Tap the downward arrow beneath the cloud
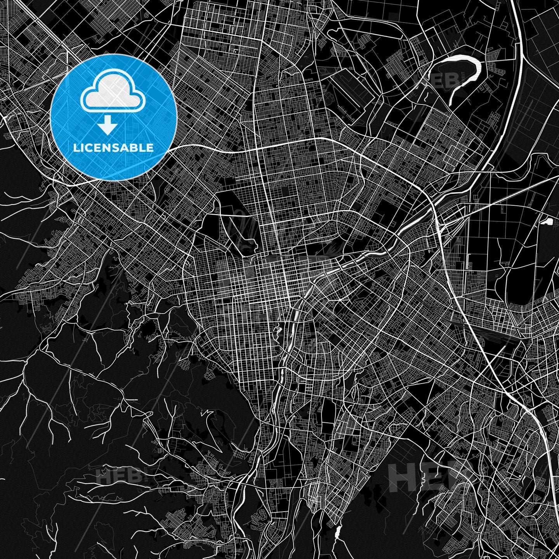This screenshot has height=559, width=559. click(x=108, y=126)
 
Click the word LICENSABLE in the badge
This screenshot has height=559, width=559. click(x=113, y=148)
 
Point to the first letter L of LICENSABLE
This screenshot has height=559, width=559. click(x=76, y=148)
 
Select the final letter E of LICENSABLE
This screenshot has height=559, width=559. click(x=150, y=148)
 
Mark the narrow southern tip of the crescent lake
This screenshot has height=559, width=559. click(x=451, y=102)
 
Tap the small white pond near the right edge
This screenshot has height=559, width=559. click(x=549, y=222)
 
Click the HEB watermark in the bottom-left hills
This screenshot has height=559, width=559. click(x=118, y=475)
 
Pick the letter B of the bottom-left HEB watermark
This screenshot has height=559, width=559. click(x=134, y=475)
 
